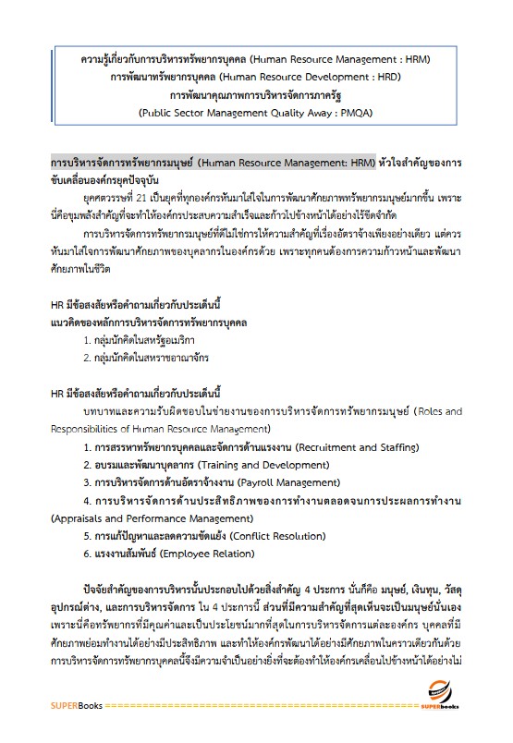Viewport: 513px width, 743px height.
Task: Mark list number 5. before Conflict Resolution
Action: (x=87, y=535)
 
